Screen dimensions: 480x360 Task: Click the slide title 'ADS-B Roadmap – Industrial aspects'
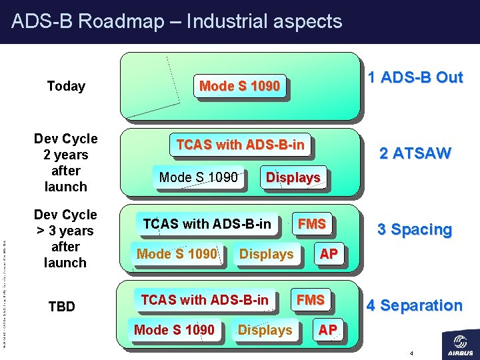pyautogui.click(x=177, y=21)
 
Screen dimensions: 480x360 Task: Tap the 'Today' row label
pyautogui.click(x=66, y=86)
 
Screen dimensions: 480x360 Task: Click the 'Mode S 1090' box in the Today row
pyautogui.click(x=239, y=86)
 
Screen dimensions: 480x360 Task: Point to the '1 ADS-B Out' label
pyautogui.click(x=415, y=77)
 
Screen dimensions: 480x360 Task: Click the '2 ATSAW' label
pyautogui.click(x=415, y=153)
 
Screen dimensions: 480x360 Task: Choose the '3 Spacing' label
pyautogui.click(x=414, y=229)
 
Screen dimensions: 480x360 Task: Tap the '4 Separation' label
pyautogui.click(x=413, y=305)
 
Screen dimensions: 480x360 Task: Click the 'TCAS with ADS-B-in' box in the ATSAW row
pyautogui.click(x=240, y=145)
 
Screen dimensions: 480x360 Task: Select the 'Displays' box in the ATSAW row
pyautogui.click(x=293, y=177)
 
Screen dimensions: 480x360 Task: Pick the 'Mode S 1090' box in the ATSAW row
pyautogui.click(x=198, y=177)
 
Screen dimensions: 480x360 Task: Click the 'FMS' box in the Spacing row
pyautogui.click(x=312, y=224)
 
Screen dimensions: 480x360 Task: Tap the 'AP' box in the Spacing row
pyautogui.click(x=328, y=254)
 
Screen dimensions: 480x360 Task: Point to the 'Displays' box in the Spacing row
pyautogui.click(x=266, y=254)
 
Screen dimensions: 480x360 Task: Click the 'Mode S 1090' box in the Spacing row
pyautogui.click(x=177, y=254)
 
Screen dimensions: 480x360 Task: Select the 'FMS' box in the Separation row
pyautogui.click(x=311, y=300)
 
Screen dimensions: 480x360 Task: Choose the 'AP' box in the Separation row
pyautogui.click(x=327, y=330)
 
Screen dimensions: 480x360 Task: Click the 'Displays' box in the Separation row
pyautogui.click(x=265, y=330)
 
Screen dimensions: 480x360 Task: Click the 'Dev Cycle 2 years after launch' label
pyautogui.click(x=65, y=163)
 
